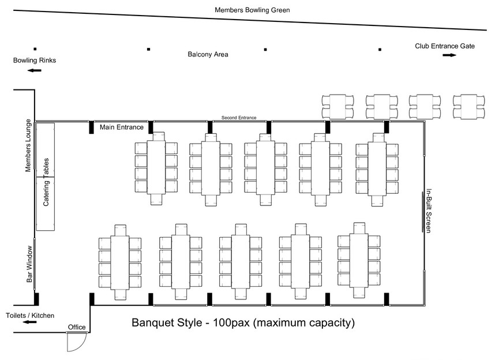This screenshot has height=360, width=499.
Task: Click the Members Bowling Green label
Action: point(252,10)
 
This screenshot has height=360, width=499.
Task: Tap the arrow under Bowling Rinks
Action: point(35,70)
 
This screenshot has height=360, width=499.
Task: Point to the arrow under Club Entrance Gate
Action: point(449,55)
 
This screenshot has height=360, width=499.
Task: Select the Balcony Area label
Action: point(208,54)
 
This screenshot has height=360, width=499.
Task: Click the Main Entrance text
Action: point(122,127)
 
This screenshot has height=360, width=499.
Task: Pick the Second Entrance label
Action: point(239,118)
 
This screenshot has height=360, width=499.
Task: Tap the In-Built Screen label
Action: point(429,211)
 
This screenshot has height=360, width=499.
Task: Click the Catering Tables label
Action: point(46,182)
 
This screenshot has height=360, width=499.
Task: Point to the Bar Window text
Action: point(29,264)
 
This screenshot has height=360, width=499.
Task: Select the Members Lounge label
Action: point(28,145)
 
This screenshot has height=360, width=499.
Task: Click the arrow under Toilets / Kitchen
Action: point(30,322)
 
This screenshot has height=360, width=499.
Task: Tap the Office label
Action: point(77,327)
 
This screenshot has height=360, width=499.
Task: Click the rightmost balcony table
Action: point(469,107)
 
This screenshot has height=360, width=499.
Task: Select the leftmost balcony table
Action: point(337,107)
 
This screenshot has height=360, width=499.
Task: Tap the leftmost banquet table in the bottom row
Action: point(119,262)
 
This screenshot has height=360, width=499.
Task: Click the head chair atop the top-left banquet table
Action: point(159,137)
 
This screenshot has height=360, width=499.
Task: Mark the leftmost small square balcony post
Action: point(35,48)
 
